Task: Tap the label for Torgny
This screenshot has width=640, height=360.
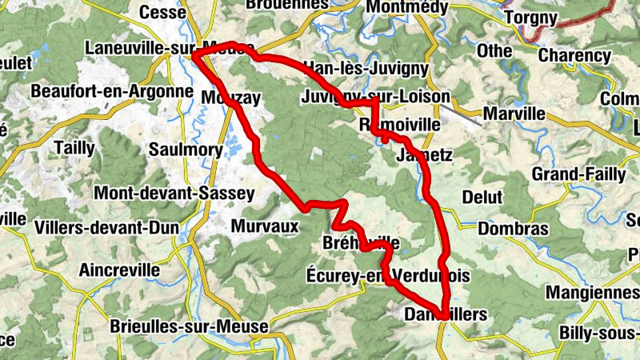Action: click(x=529, y=16)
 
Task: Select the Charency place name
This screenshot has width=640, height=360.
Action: click(x=574, y=56)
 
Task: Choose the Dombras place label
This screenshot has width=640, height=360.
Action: click(x=513, y=229)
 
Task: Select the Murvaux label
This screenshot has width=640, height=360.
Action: click(x=264, y=226)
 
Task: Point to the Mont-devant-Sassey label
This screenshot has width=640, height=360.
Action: click(x=174, y=193)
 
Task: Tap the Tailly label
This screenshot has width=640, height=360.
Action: click(x=74, y=148)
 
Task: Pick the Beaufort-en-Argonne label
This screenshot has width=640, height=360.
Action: click(x=112, y=91)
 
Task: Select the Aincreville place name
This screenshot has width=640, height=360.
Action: click(x=119, y=270)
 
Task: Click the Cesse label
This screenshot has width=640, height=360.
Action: click(x=162, y=12)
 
